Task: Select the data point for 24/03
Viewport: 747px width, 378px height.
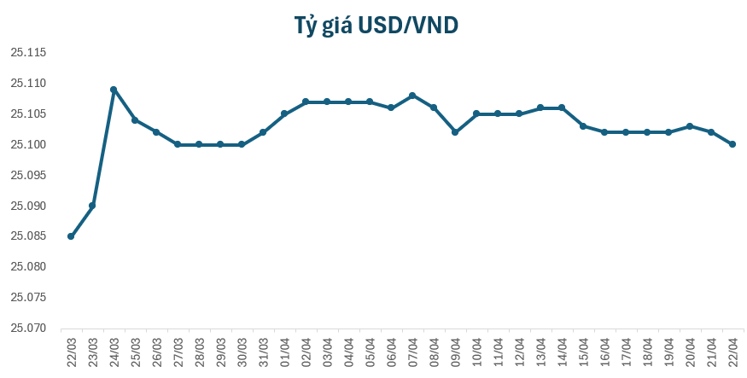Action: [114, 90]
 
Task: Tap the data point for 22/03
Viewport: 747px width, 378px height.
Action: [71, 236]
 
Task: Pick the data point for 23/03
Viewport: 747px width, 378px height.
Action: [92, 206]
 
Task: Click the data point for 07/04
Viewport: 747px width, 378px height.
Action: [412, 96]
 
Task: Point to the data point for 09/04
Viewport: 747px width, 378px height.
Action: [455, 132]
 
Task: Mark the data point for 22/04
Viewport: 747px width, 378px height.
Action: [732, 144]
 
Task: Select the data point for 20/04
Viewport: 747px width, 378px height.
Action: [690, 126]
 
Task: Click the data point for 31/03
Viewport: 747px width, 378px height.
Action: [263, 132]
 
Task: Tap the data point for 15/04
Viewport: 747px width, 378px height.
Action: [583, 126]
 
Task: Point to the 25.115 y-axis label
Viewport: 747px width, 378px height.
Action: [28, 53]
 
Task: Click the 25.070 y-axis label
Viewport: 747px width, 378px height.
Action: [28, 328]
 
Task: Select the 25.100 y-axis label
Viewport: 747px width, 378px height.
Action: [28, 144]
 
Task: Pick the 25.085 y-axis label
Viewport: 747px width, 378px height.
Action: [28, 236]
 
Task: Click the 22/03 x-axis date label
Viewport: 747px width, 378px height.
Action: [72, 352]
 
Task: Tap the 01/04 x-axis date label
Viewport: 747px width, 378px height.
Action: [285, 352]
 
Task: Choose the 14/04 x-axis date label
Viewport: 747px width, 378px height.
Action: [563, 352]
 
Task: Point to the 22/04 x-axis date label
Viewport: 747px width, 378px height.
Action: [733, 352]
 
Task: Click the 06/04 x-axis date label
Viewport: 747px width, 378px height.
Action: [392, 352]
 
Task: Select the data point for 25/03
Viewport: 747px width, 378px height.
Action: [135, 120]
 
